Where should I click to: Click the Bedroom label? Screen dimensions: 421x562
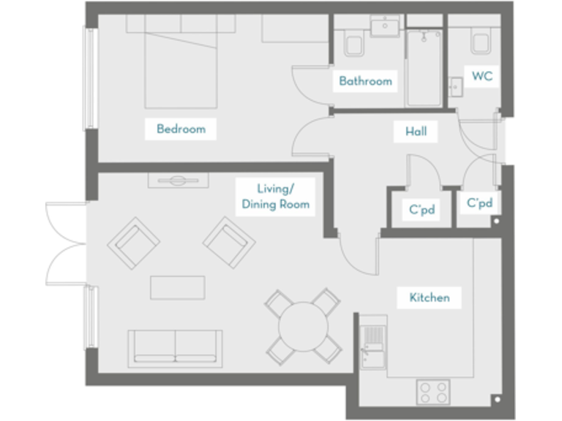pyautogui.click(x=181, y=129)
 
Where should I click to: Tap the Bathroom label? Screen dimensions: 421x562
pyautogui.click(x=365, y=81)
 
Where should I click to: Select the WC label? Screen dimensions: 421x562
pyautogui.click(x=482, y=76)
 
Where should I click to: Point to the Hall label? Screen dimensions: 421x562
pyautogui.click(x=416, y=132)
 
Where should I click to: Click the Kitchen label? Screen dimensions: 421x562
pyautogui.click(x=429, y=297)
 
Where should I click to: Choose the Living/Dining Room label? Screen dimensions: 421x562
pyautogui.click(x=276, y=197)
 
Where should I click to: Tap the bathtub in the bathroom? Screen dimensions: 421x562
pyautogui.click(x=424, y=69)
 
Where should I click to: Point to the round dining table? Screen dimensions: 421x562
pyautogui.click(x=303, y=327)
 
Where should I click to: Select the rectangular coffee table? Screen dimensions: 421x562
pyautogui.click(x=178, y=287)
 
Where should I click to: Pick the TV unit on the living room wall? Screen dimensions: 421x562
pyautogui.click(x=179, y=181)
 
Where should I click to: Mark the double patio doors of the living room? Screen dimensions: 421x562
pyautogui.click(x=66, y=245)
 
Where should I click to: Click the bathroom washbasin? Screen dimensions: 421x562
pyautogui.click(x=383, y=27)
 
